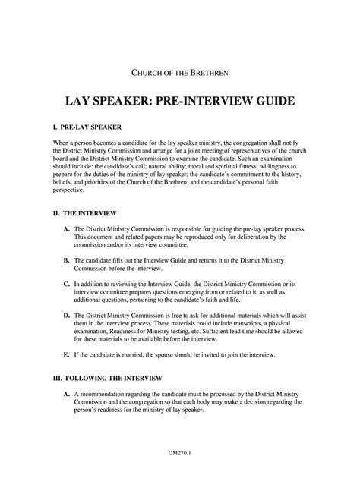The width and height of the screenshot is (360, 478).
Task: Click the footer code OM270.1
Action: (180, 452)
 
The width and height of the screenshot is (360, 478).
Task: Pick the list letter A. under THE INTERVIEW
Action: (67, 229)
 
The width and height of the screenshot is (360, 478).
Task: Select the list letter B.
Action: (67, 259)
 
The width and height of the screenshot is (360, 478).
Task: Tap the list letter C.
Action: (67, 282)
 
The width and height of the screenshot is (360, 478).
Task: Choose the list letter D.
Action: (67, 313)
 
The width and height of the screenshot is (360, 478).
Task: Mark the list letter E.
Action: (67, 354)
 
